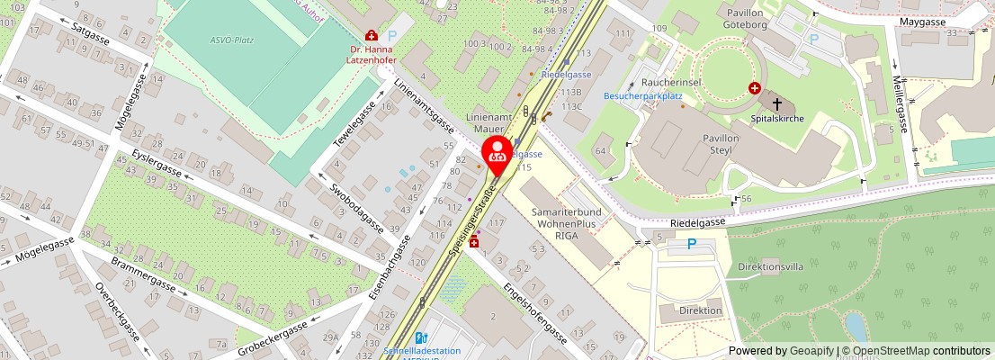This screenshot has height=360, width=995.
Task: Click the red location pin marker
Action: pyautogui.click(x=497, y=154)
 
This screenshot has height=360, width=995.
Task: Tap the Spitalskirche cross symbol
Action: pyautogui.click(x=777, y=104)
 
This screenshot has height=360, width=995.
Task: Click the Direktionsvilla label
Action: pyautogui.click(x=770, y=267)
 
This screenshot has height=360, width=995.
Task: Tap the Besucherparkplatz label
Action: pyautogui.click(x=643, y=95)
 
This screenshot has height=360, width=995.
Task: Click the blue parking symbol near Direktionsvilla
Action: pyautogui.click(x=692, y=243)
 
